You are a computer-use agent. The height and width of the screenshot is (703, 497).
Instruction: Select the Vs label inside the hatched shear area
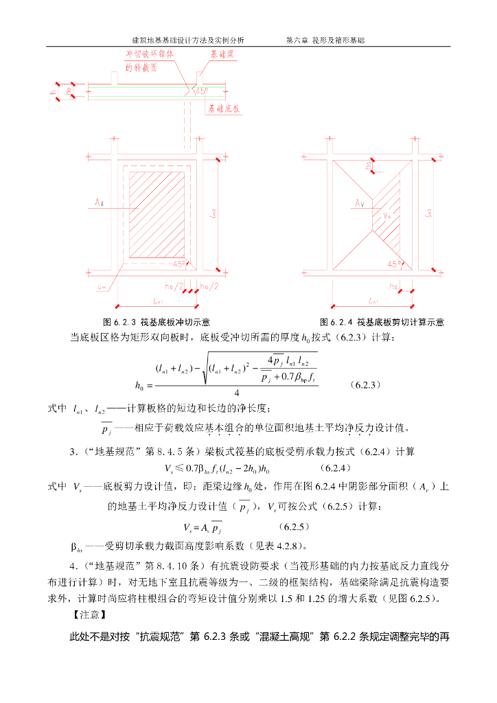click(x=386, y=216)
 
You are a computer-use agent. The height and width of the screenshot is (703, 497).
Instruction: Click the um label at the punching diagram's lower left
click(x=102, y=287)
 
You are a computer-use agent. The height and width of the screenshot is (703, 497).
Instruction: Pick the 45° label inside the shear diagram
click(x=394, y=264)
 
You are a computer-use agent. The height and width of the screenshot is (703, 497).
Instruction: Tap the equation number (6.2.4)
click(x=336, y=468)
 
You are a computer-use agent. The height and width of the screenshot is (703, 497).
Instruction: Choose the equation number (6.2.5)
click(x=294, y=527)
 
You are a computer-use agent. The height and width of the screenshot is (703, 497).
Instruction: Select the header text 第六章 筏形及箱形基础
click(x=325, y=41)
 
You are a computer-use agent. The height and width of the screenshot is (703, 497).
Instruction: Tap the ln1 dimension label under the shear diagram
click(x=372, y=300)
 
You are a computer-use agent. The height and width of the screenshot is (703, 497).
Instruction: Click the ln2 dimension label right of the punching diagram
click(x=215, y=214)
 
